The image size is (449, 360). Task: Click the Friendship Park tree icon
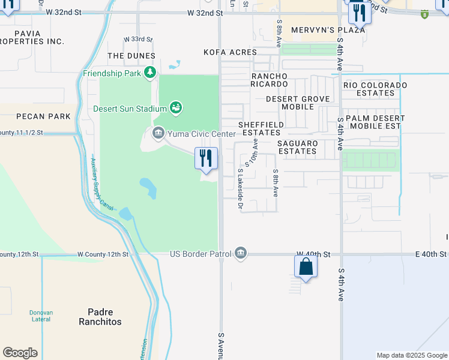tap(149, 73)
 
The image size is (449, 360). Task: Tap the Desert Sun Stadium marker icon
tap(175, 108)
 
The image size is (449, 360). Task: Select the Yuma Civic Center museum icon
tap(158, 133)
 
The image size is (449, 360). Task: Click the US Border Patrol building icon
tap(241, 254)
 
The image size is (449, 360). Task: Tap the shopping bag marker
tap(306, 267)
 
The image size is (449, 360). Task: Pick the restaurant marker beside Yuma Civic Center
tap(206, 159)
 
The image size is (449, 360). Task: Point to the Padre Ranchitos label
tap(100, 317)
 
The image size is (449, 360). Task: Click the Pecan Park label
tap(38, 116)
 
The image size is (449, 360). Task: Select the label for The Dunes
tap(131, 56)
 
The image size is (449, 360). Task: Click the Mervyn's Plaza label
tap(328, 30)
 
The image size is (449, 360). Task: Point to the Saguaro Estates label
tap(297, 148)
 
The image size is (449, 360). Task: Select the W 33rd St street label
tap(139, 39)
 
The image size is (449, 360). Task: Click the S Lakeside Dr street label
tap(240, 188)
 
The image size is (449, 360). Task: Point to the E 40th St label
tap(432, 254)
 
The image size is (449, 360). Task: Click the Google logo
tap(20, 353)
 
